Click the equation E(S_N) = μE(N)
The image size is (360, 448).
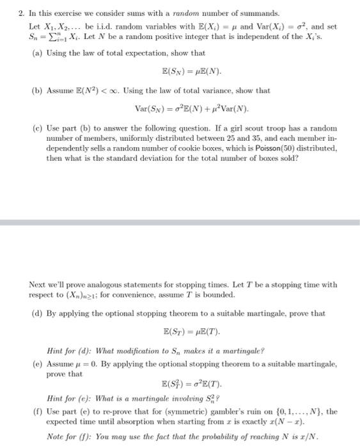point(191,72)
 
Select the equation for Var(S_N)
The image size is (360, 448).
point(191,109)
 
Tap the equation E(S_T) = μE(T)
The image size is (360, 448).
point(191,332)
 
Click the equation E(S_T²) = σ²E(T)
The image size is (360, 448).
point(191,384)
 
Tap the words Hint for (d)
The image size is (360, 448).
point(65,351)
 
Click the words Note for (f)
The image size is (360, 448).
point(65,437)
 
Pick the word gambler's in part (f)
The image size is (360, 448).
point(226,412)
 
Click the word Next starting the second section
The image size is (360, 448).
point(38,284)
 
